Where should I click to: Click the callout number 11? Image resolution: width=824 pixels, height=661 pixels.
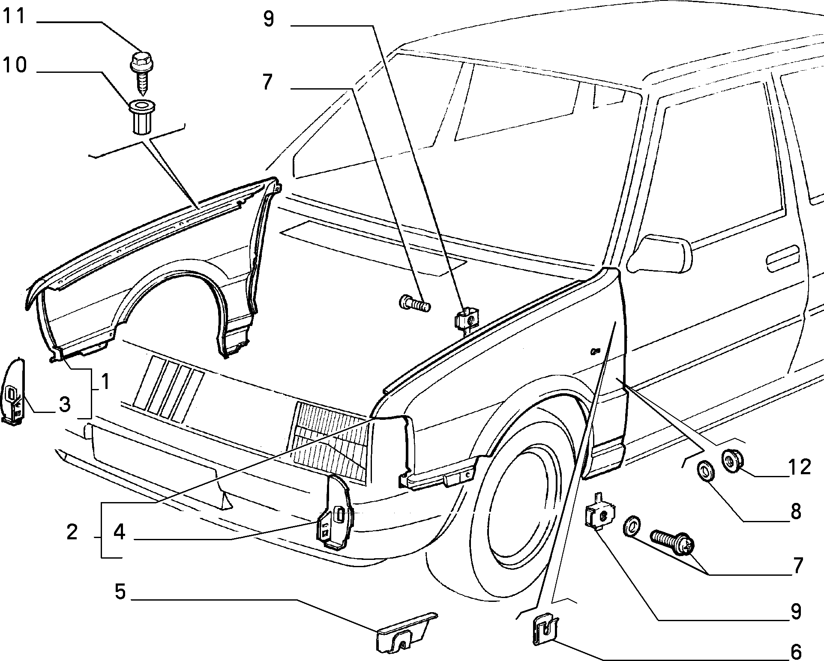(14, 17)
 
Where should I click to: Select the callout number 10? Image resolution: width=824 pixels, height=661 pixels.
(15, 65)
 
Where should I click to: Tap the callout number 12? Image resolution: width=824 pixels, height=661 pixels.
(799, 467)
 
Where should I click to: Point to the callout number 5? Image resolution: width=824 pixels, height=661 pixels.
(120, 592)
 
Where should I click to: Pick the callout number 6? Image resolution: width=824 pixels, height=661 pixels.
(796, 652)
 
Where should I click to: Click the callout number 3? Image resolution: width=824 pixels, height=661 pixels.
(64, 404)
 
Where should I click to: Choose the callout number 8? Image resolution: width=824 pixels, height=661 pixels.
(796, 511)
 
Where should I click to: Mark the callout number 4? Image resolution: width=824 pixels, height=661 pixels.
(119, 532)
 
